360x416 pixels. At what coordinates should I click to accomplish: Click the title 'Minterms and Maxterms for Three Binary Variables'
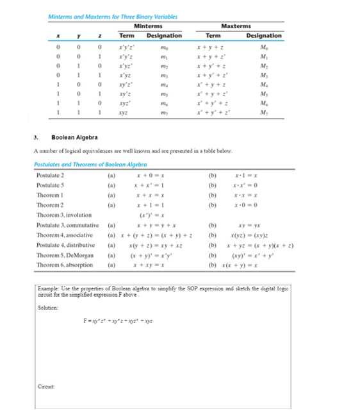click(x=113, y=17)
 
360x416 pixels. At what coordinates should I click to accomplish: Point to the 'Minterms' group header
click(x=148, y=26)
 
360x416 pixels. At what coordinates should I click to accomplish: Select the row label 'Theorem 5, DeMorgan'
click(x=64, y=255)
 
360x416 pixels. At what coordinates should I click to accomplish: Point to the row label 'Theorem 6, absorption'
click(x=65, y=265)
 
